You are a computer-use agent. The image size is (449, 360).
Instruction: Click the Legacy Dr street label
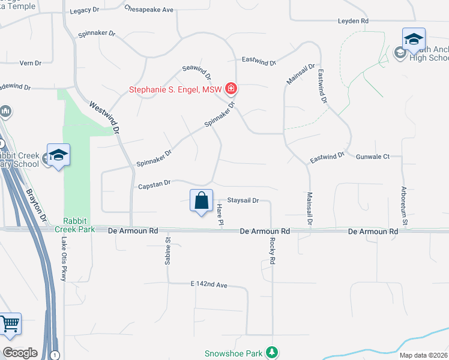click(x=88, y=11)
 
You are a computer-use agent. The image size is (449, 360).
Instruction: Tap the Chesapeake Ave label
click(x=149, y=10)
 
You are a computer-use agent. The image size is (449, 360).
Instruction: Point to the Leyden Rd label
click(x=353, y=21)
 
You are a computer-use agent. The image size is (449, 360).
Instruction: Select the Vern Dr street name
click(x=30, y=62)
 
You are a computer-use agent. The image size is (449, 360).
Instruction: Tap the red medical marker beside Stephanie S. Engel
click(x=231, y=90)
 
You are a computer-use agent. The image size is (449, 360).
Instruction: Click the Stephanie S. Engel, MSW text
click(x=175, y=91)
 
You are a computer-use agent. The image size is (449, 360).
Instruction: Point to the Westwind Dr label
click(x=104, y=116)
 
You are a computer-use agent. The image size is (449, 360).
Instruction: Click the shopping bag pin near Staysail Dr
click(x=202, y=201)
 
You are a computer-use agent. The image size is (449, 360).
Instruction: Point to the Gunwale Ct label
click(x=373, y=157)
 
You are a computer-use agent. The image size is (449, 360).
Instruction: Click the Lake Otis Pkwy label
click(x=64, y=259)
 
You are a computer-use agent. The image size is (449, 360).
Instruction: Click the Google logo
click(x=20, y=352)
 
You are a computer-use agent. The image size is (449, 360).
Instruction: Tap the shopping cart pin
click(x=10, y=325)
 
